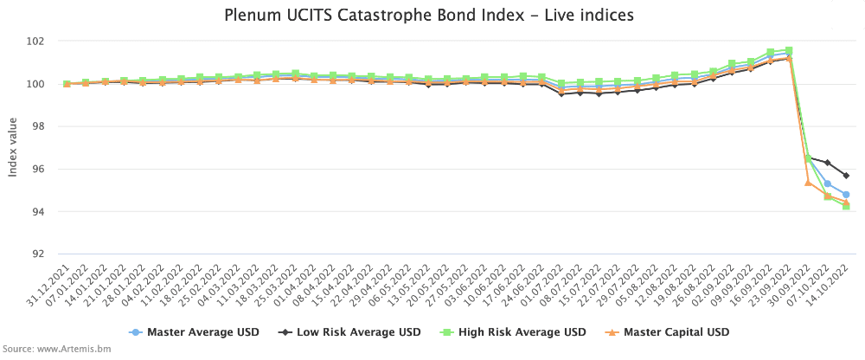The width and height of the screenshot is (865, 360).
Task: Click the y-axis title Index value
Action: tap(13, 147)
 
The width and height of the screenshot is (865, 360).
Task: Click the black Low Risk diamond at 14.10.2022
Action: tap(846, 176)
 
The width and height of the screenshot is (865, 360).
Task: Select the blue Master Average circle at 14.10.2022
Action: tap(846, 195)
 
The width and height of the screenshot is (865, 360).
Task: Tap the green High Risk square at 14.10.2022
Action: tap(846, 207)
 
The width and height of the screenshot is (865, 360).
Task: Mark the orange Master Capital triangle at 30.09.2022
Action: tap(808, 183)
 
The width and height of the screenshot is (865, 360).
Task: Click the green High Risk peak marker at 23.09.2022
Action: tap(789, 50)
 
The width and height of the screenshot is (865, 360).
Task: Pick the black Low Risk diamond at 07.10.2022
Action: tap(827, 163)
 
